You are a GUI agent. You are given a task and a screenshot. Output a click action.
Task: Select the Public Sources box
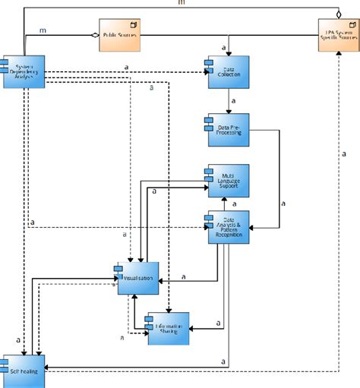[x=120, y=36]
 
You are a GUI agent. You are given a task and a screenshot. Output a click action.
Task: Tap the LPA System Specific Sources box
[x=338, y=36]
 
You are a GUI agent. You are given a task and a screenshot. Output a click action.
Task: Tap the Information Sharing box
[x=168, y=327]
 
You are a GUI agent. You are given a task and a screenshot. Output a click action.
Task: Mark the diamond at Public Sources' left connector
[x=93, y=36]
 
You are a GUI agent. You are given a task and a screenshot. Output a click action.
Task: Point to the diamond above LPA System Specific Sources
[x=338, y=14]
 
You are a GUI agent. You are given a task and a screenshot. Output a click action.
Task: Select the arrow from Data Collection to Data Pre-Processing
[x=228, y=102]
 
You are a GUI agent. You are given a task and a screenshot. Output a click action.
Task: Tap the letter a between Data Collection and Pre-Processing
[x=235, y=101]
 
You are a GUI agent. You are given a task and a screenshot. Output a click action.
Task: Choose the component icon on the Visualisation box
[x=118, y=270]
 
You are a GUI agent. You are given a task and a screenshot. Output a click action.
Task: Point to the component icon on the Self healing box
[x=5, y=361]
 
